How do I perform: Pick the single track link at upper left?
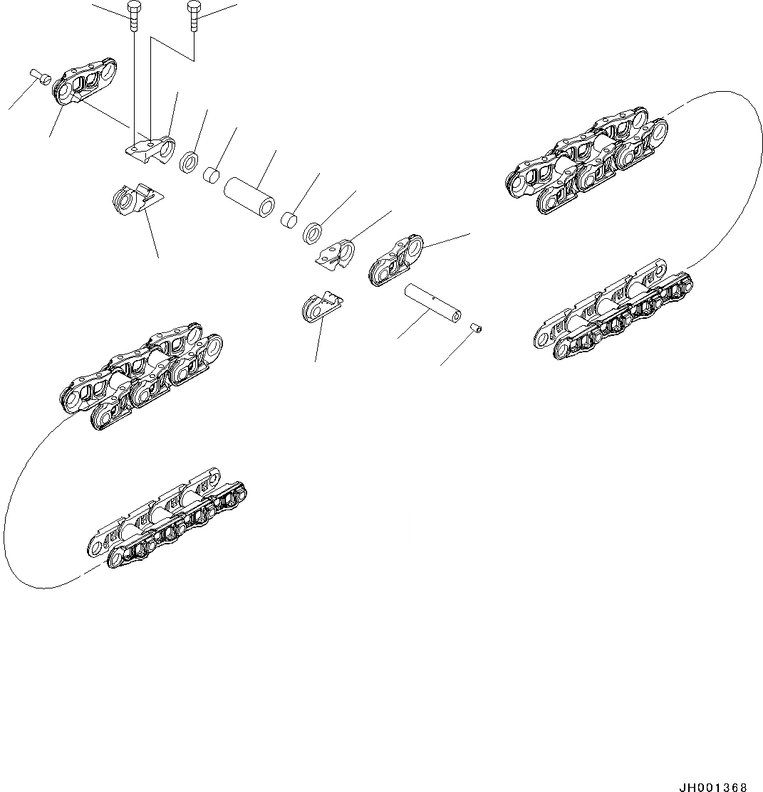click(85, 88)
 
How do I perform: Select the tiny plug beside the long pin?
click(477, 327)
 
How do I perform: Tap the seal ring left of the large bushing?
click(189, 162)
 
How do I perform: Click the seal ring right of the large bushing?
click(313, 232)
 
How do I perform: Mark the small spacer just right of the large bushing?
click(289, 220)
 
